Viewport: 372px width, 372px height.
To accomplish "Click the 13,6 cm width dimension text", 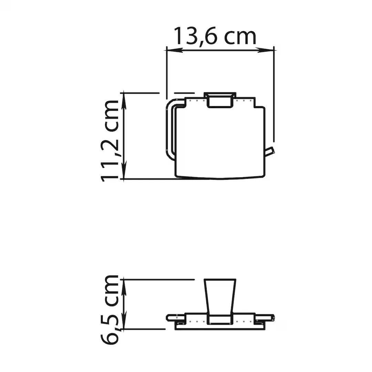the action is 215,36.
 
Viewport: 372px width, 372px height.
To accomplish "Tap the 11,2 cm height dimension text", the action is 110,141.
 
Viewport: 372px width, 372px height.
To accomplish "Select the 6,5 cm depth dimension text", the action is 110,310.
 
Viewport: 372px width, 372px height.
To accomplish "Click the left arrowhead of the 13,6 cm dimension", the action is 175,50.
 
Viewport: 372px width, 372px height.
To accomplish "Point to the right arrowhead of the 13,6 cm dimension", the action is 266,50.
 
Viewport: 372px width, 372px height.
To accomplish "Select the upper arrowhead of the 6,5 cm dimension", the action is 124,288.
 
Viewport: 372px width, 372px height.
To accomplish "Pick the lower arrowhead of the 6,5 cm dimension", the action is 124,320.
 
